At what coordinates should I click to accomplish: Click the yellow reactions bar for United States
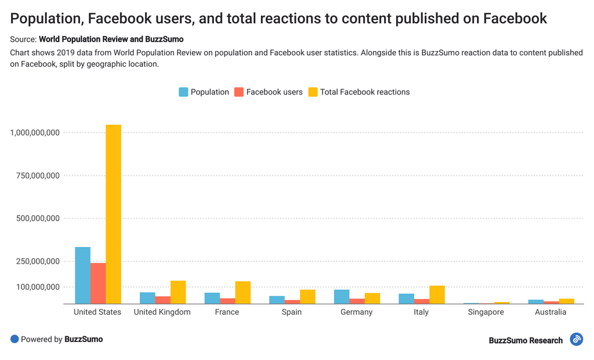click(x=113, y=214)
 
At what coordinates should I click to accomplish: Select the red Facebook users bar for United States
click(x=98, y=283)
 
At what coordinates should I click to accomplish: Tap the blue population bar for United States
click(x=83, y=275)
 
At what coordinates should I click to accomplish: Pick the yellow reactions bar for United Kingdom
click(x=178, y=292)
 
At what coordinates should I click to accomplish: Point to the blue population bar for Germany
click(x=342, y=296)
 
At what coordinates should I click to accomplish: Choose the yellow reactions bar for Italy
click(x=437, y=294)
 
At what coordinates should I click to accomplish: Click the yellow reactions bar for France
click(x=242, y=292)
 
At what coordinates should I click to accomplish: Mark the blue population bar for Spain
click(x=277, y=300)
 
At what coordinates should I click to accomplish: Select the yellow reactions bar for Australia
click(x=566, y=301)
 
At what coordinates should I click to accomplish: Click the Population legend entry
click(x=204, y=92)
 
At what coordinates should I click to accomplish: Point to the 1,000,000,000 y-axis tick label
click(x=35, y=133)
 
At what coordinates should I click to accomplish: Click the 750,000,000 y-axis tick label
click(x=37, y=176)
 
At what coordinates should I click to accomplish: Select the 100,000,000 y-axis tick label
click(x=37, y=287)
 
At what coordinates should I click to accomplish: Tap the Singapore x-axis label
click(x=486, y=312)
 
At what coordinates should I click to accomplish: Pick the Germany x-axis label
click(x=356, y=312)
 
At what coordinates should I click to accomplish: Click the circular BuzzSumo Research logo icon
click(x=576, y=339)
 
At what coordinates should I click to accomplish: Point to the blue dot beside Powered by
click(x=15, y=339)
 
